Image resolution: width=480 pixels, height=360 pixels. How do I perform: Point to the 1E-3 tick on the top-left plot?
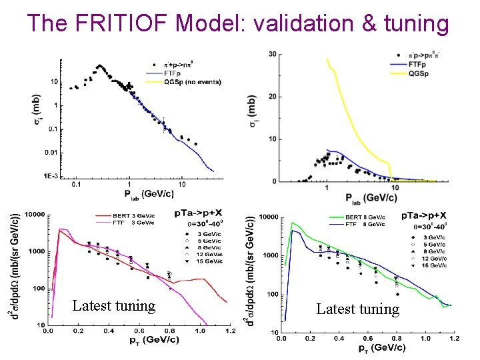click(x=51, y=177)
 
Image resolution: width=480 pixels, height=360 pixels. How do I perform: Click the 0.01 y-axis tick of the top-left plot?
click(x=51, y=153)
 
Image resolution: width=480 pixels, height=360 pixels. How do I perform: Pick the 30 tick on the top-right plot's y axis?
click(x=273, y=54)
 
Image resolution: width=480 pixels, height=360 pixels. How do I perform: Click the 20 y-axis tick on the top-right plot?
click(x=273, y=97)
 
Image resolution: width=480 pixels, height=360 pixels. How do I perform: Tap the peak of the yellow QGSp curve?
click(x=326, y=59)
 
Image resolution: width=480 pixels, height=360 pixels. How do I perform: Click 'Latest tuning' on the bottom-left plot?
click(x=114, y=305)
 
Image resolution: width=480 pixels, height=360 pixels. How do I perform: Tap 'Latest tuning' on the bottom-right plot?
click(x=357, y=309)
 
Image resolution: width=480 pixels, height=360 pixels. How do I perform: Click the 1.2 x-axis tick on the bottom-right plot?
click(x=455, y=339)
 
